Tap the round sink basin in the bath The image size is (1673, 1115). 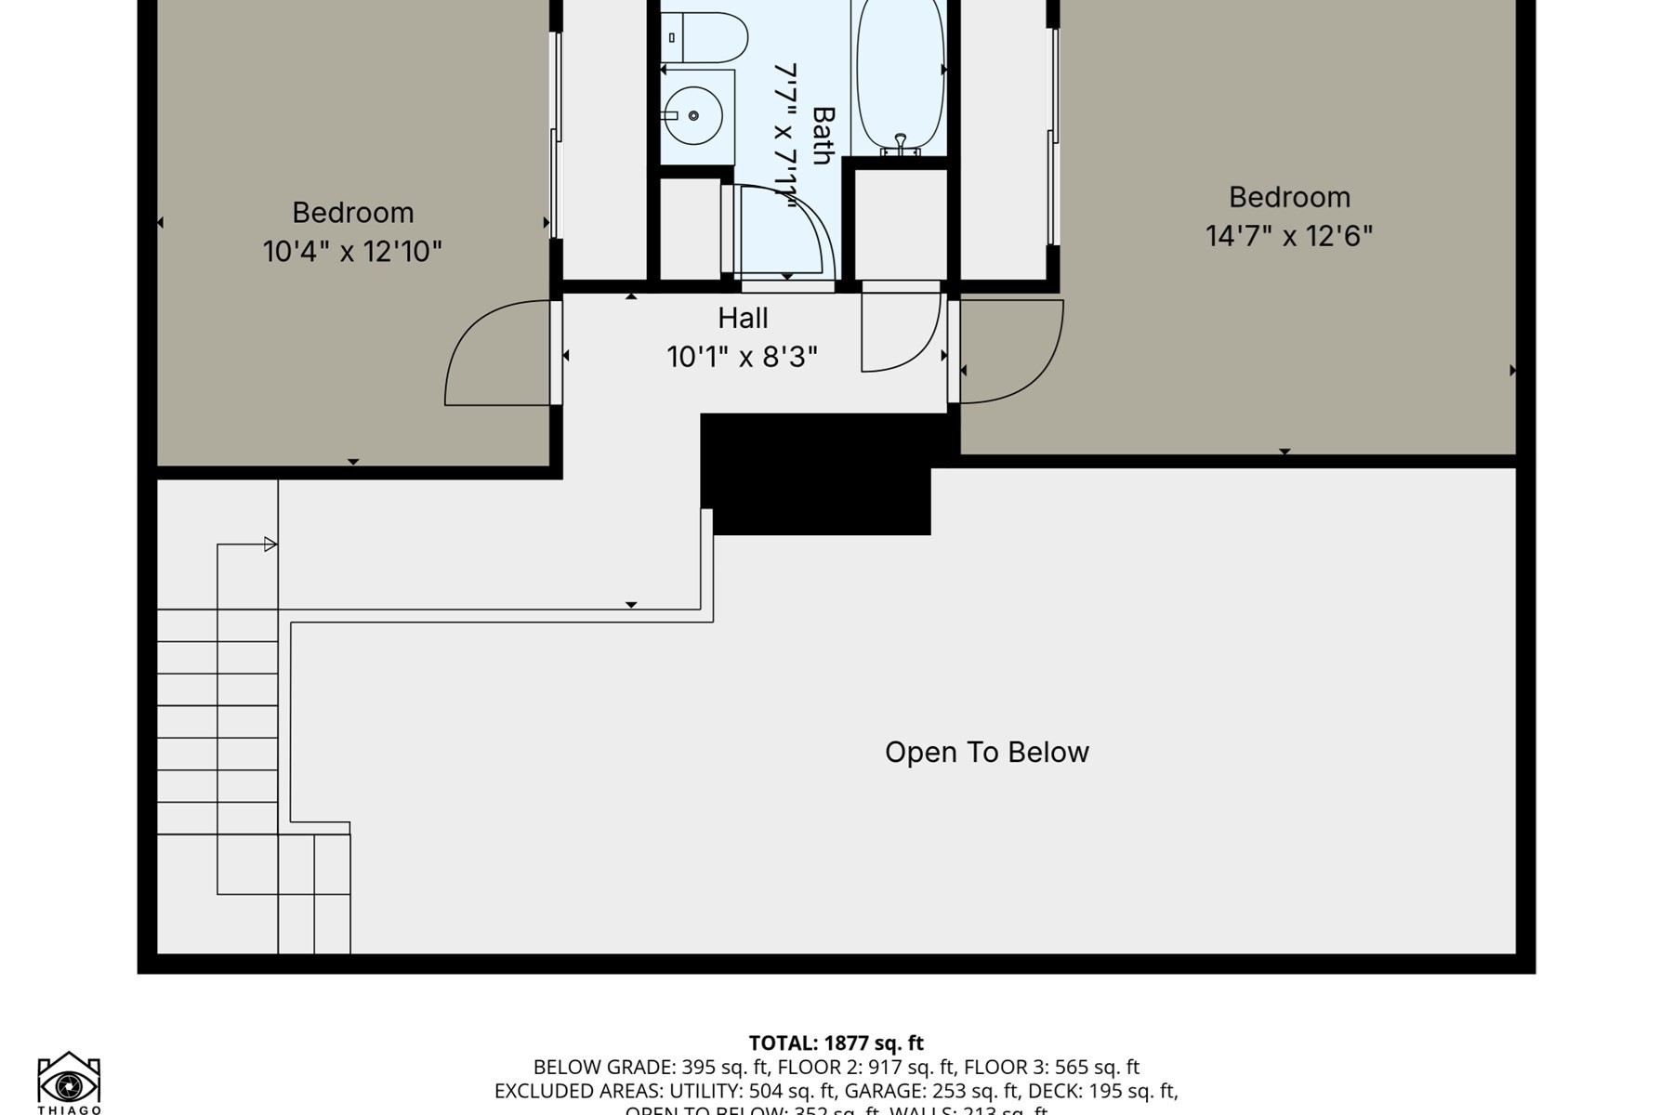694,115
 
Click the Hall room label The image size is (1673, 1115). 743,319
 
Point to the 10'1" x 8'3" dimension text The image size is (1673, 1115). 742,357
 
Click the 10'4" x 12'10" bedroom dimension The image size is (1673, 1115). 352,252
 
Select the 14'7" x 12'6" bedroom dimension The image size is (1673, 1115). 1289,236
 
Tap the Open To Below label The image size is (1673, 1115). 986,752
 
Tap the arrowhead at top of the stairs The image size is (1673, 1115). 270,544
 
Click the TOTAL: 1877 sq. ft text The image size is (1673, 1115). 836,1043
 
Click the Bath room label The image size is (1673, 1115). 823,136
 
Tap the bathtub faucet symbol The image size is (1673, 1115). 900,143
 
